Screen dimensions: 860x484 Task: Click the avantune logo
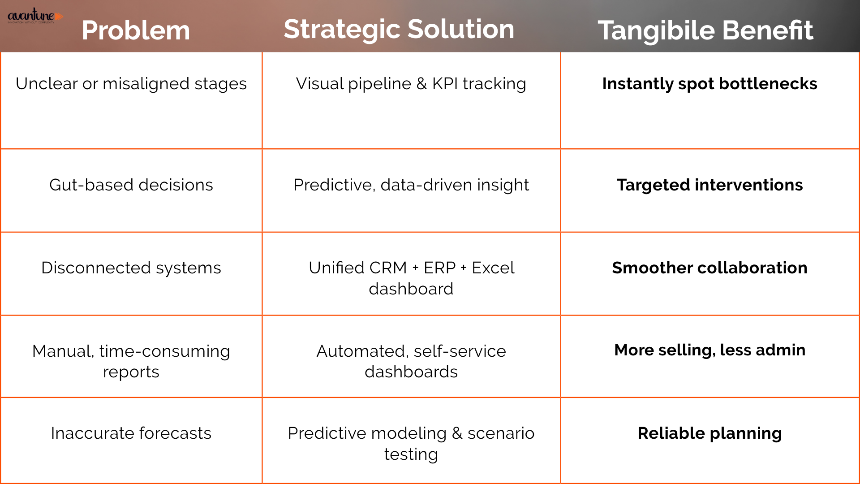(x=35, y=16)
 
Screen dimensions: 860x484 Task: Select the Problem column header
(x=136, y=30)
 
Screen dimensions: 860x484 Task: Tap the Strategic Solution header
(x=399, y=30)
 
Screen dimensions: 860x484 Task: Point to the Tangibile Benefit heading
(x=705, y=30)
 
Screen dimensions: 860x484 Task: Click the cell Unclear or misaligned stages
(x=131, y=84)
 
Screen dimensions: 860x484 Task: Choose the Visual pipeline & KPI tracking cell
(x=411, y=84)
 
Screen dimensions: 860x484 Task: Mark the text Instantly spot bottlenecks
(x=710, y=84)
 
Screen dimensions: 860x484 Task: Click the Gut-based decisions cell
(x=131, y=185)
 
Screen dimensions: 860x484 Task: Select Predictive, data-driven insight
(x=411, y=185)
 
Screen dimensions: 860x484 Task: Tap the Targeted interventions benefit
(x=710, y=185)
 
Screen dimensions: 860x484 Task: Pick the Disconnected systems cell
(x=131, y=268)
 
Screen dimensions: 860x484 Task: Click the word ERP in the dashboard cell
(x=440, y=268)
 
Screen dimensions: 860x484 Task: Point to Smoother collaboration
(x=710, y=268)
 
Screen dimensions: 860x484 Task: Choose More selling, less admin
(x=710, y=350)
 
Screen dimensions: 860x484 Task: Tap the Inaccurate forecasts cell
(x=131, y=433)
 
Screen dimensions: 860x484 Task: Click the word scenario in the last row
(x=501, y=433)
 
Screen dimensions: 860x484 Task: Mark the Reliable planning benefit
(x=710, y=433)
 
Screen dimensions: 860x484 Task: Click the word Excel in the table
(x=493, y=268)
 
